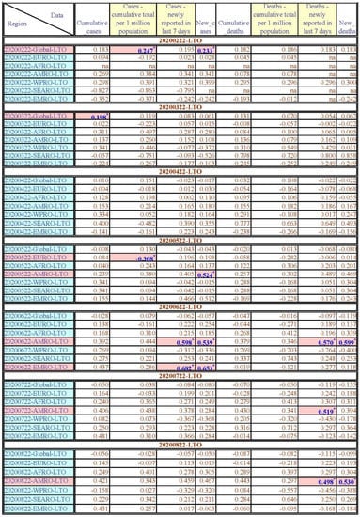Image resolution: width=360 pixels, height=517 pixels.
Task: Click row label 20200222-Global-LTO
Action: pyautogui.click(x=31, y=48)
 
